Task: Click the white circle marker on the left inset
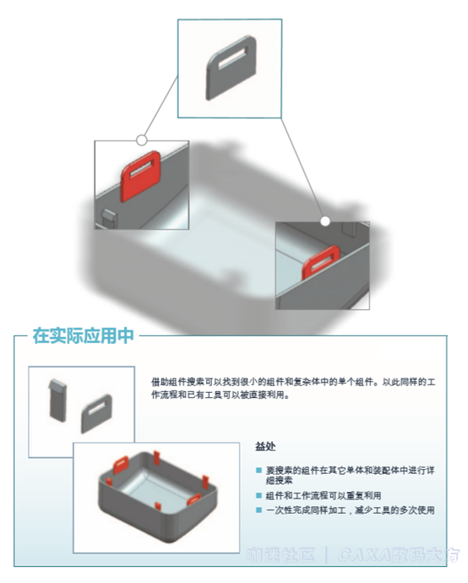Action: tap(142, 139)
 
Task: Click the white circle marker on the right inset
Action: tap(325, 221)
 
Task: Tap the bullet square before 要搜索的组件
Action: tap(259, 469)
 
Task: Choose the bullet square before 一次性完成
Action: tap(259, 509)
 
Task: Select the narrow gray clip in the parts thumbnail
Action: tap(58, 400)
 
